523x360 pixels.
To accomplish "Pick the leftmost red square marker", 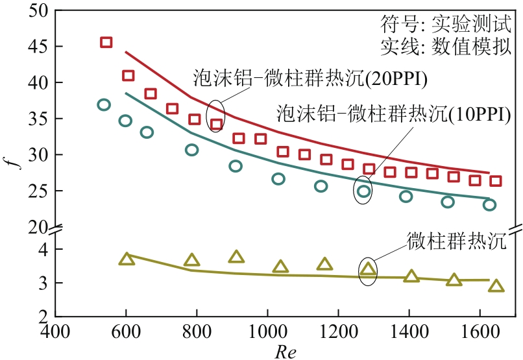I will click(106, 43).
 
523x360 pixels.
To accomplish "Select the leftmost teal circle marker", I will click(104, 104).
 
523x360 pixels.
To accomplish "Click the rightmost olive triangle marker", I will click(496, 286).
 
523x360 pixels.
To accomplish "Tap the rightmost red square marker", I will click(496, 181).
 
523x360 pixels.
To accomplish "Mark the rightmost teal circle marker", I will click(489, 205).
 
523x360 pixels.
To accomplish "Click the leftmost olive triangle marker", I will click(127, 259).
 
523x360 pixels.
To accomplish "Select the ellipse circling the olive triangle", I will click(368, 269).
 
